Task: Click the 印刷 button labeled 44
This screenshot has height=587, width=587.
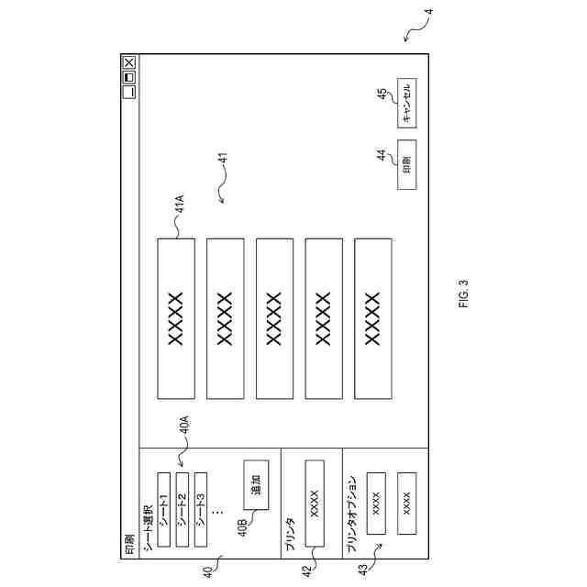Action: coord(406,165)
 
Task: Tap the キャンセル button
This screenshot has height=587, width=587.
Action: coord(407,103)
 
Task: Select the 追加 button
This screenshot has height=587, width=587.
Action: coord(256,483)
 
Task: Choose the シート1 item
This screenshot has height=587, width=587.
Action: coord(164,504)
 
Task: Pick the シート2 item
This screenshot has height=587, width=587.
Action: coord(182,504)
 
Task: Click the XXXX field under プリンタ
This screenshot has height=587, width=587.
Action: coord(315,503)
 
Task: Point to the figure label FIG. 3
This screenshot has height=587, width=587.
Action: coord(464,294)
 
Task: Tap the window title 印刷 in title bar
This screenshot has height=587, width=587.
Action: coord(128,543)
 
